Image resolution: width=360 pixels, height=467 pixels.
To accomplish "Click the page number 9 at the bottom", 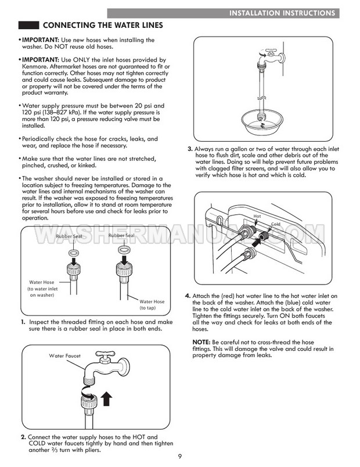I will click(x=180, y=457).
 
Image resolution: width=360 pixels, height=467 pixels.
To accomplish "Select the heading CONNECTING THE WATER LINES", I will click(x=99, y=26).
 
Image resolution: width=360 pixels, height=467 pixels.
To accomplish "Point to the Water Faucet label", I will click(x=65, y=355).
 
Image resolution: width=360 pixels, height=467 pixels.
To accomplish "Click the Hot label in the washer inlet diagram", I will click(x=257, y=216).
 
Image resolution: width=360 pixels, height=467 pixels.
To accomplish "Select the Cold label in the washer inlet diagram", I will click(x=275, y=224).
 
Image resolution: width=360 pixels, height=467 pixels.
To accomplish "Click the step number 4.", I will click(x=188, y=296).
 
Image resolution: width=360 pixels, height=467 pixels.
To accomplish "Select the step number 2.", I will click(x=23, y=437).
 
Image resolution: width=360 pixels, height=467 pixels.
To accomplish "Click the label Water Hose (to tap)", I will click(x=152, y=305).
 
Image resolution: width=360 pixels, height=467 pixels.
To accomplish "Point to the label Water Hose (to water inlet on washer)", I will click(x=41, y=289).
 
